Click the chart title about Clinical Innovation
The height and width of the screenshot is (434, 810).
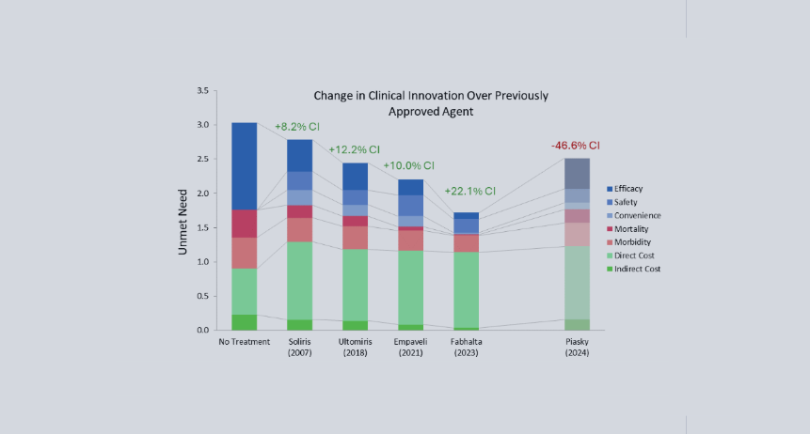click(431, 103)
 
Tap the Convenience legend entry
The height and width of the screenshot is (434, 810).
click(643, 216)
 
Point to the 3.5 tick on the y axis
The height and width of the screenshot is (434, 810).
click(202, 91)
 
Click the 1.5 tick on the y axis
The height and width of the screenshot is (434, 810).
click(202, 228)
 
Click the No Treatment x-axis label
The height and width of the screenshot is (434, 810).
click(245, 342)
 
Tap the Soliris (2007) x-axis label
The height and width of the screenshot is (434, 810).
click(299, 347)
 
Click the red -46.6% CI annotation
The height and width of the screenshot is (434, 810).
click(575, 146)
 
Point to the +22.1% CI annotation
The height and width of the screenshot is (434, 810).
click(469, 192)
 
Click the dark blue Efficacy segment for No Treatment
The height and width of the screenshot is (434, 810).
click(245, 165)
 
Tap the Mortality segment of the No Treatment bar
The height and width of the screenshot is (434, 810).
click(245, 224)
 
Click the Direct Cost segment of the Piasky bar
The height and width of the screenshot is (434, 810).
click(576, 282)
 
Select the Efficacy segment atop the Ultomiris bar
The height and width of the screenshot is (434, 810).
click(354, 176)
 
